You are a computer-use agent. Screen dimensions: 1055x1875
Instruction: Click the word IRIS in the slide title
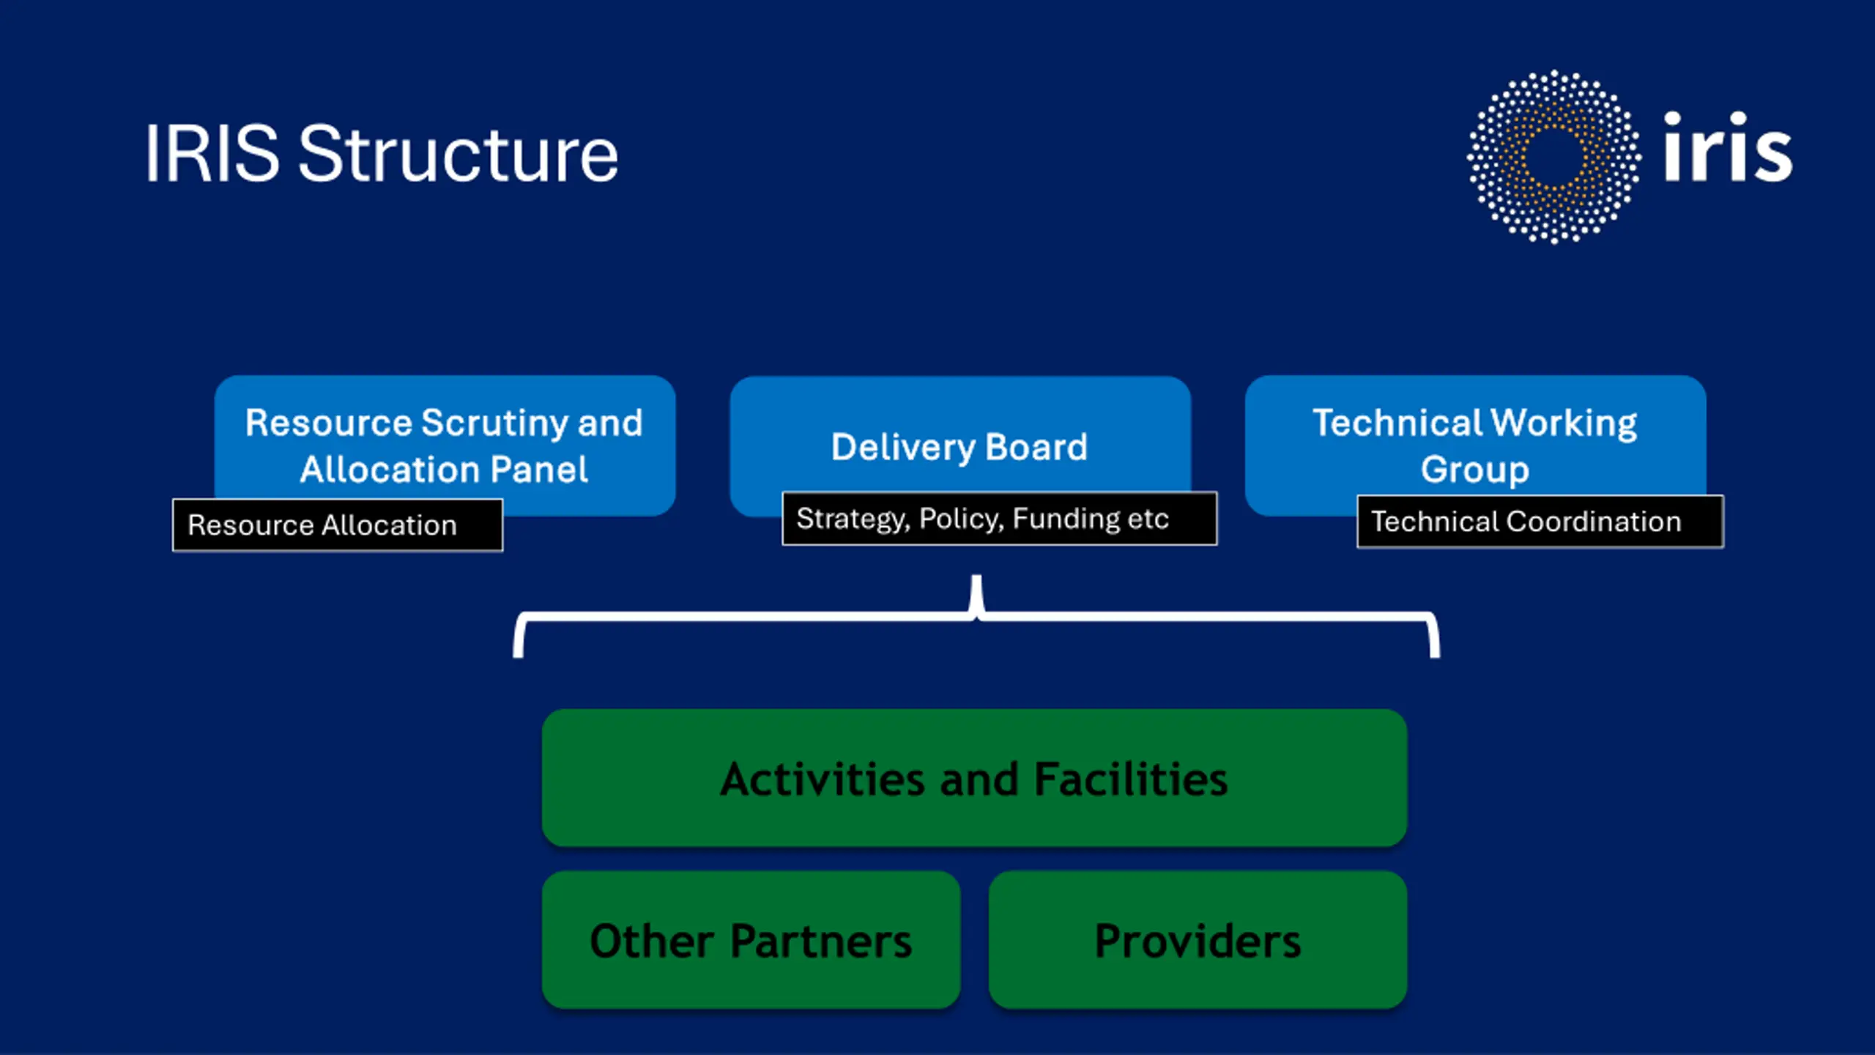click(x=212, y=154)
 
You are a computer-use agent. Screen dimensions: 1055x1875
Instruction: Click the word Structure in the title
click(x=458, y=154)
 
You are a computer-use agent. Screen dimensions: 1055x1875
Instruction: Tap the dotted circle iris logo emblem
click(x=1553, y=157)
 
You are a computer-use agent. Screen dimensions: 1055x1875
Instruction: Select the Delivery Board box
click(x=959, y=440)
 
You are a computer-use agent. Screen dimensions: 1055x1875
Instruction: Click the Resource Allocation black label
click(x=338, y=525)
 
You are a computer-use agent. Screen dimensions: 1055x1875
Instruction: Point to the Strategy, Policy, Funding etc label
click(x=999, y=519)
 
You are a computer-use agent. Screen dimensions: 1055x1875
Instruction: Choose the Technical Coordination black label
click(x=1540, y=522)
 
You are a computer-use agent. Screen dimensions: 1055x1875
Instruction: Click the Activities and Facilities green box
click(x=974, y=778)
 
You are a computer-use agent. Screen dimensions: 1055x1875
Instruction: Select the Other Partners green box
click(x=751, y=940)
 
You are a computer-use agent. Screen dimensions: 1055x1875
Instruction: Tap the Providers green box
click(x=1198, y=940)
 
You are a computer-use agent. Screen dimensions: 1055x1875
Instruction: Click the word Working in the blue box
click(x=1564, y=423)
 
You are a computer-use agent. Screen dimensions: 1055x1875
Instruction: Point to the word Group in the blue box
click(x=1475, y=470)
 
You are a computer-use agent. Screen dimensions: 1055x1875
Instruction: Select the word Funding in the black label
click(x=1066, y=519)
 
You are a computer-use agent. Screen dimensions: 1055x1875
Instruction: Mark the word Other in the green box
click(x=652, y=941)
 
